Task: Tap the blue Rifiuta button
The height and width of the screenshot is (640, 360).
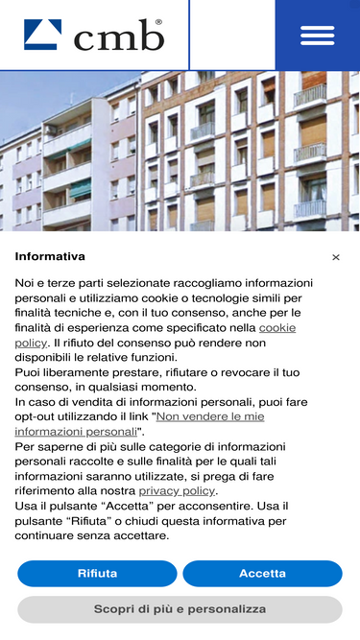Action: point(97,574)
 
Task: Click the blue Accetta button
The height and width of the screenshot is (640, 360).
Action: point(262,574)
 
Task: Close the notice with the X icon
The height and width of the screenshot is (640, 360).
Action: point(336,257)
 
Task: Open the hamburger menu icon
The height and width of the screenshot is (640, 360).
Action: point(317,35)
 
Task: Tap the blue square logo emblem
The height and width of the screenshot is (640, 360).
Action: point(43,35)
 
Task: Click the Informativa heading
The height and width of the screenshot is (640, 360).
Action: point(50,256)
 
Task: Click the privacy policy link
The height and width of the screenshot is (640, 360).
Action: point(177,490)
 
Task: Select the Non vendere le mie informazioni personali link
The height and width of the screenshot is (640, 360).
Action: point(139,424)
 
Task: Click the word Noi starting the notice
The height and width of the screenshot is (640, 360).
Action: point(26,283)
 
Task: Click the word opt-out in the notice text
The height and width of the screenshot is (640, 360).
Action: point(40,416)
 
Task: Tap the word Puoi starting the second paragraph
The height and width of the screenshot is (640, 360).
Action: point(29,372)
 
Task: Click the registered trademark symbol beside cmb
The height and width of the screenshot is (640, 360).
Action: point(158,21)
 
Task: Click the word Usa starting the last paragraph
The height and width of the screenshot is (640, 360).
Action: point(27,506)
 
